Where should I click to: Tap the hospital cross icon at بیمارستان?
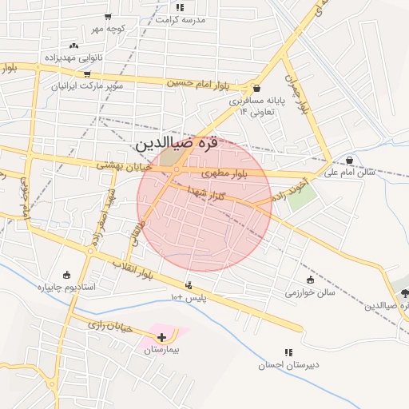point(162,338)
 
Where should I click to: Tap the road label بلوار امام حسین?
point(198,82)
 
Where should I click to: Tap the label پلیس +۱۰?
point(189,297)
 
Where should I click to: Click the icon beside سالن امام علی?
point(350,160)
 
